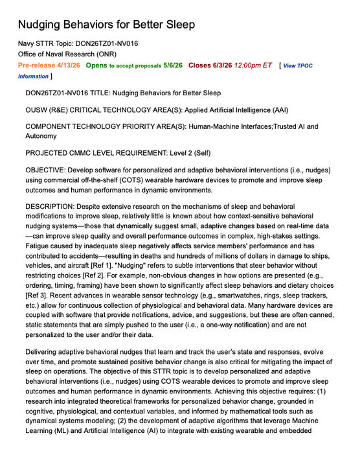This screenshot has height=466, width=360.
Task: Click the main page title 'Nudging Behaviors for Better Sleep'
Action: [106, 25]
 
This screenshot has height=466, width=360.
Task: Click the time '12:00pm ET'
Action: [254, 65]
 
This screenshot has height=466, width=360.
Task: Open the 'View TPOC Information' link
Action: [315, 66]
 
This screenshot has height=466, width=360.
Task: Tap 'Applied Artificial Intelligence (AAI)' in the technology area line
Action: [243, 110]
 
